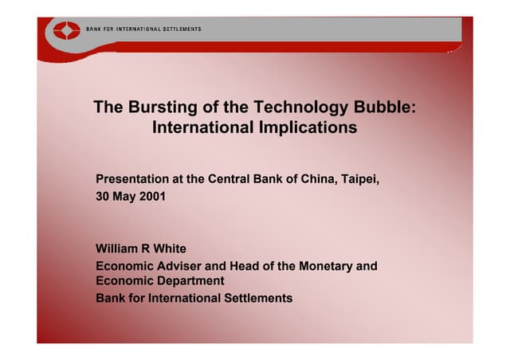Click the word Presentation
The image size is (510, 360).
coord(132,178)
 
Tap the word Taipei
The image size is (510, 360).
coord(361,178)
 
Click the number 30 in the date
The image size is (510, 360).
coord(104,196)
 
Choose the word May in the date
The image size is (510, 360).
coord(126,196)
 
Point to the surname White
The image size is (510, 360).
coord(170,249)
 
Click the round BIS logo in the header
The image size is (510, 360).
coord(62,31)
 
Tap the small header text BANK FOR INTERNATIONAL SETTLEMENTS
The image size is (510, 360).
coord(143,29)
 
